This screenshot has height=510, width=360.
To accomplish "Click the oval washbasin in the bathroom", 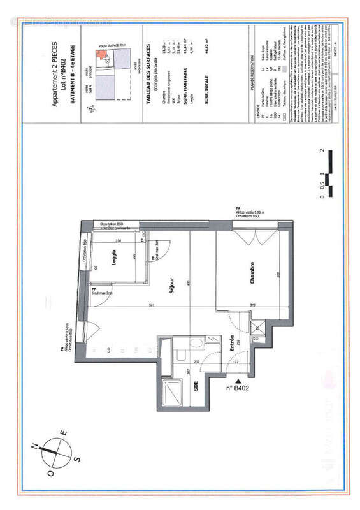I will tap(196, 344).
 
